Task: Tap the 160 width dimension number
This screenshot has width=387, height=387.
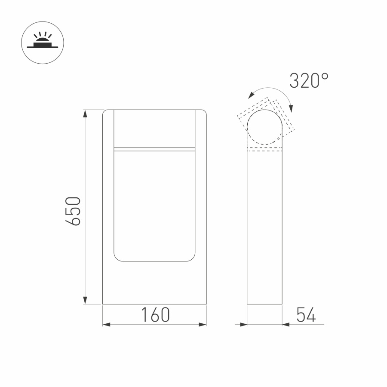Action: tap(156, 315)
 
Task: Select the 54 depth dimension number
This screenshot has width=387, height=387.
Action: tap(306, 315)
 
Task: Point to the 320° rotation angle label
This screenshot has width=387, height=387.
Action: tap(309, 81)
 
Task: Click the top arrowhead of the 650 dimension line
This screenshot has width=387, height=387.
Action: tap(85, 114)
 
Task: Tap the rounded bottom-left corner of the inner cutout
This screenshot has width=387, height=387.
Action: tap(117, 257)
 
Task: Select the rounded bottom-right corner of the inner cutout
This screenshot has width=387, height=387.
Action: tap(192, 257)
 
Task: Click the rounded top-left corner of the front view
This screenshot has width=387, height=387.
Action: tap(105, 113)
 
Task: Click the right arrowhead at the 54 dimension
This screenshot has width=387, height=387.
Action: tap(286, 324)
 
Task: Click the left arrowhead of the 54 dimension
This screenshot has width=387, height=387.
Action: tap(243, 324)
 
